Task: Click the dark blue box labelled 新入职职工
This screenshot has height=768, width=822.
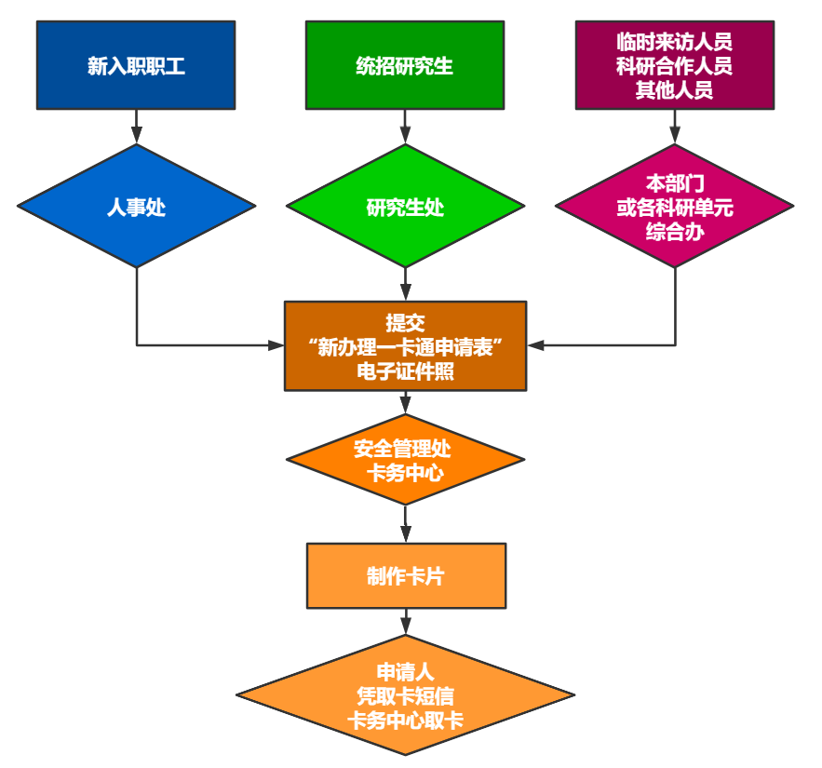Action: pos(136,65)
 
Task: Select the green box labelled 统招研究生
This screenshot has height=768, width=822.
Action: pos(404,65)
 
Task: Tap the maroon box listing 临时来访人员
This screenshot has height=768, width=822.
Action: pos(674,65)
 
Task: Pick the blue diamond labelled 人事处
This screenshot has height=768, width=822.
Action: pos(136,207)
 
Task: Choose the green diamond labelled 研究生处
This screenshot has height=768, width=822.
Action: pos(404,207)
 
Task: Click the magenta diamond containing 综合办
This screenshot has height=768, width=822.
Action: pos(674,207)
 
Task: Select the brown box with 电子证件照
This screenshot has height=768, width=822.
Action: pos(405,345)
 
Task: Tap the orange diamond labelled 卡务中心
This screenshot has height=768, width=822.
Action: pos(405,460)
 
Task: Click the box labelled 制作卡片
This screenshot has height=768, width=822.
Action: pos(406,575)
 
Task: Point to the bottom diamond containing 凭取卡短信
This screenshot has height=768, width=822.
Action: pos(405,696)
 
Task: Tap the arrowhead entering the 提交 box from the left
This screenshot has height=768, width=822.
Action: pos(276,345)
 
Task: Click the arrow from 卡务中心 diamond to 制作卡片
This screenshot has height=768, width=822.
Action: pos(405,524)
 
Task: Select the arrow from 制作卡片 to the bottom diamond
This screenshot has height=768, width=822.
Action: pos(405,622)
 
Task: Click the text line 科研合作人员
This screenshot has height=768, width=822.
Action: pos(674,66)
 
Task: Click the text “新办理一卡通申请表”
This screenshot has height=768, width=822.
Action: pos(405,346)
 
